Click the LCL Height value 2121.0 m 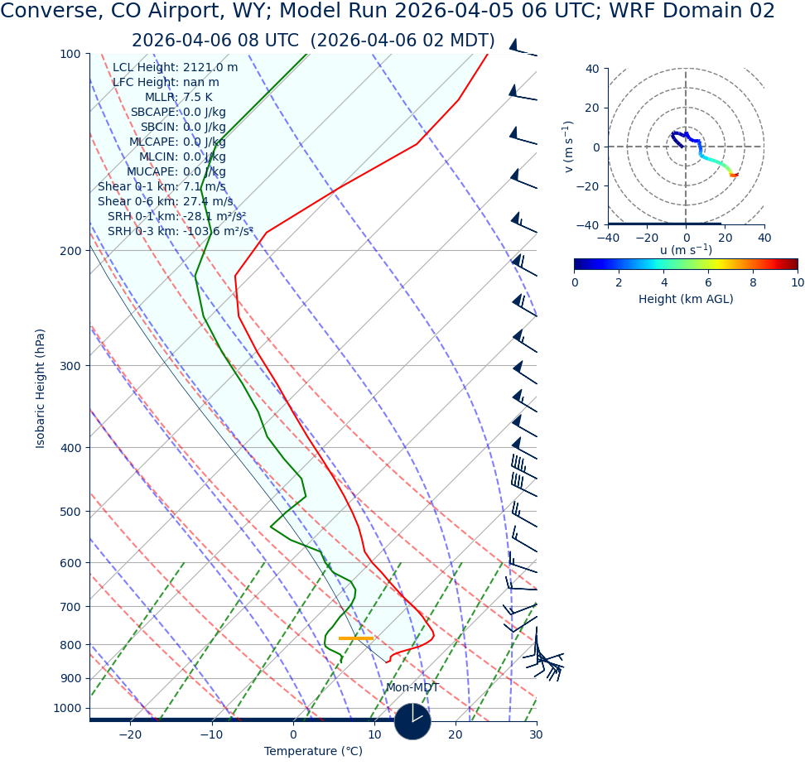(x=210, y=67)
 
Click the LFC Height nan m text (x=166, y=82)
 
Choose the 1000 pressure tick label (x=66, y=708)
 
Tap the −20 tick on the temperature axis (x=130, y=735)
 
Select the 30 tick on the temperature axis (x=536, y=735)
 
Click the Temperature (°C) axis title (x=313, y=751)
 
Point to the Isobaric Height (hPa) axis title (x=41, y=388)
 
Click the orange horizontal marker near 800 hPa (x=356, y=638)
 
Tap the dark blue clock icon (x=412, y=721)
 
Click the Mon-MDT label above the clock (x=412, y=688)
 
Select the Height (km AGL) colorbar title (x=686, y=299)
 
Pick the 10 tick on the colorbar (x=797, y=282)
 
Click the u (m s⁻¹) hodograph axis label (x=686, y=250)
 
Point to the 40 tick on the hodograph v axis (x=592, y=69)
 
